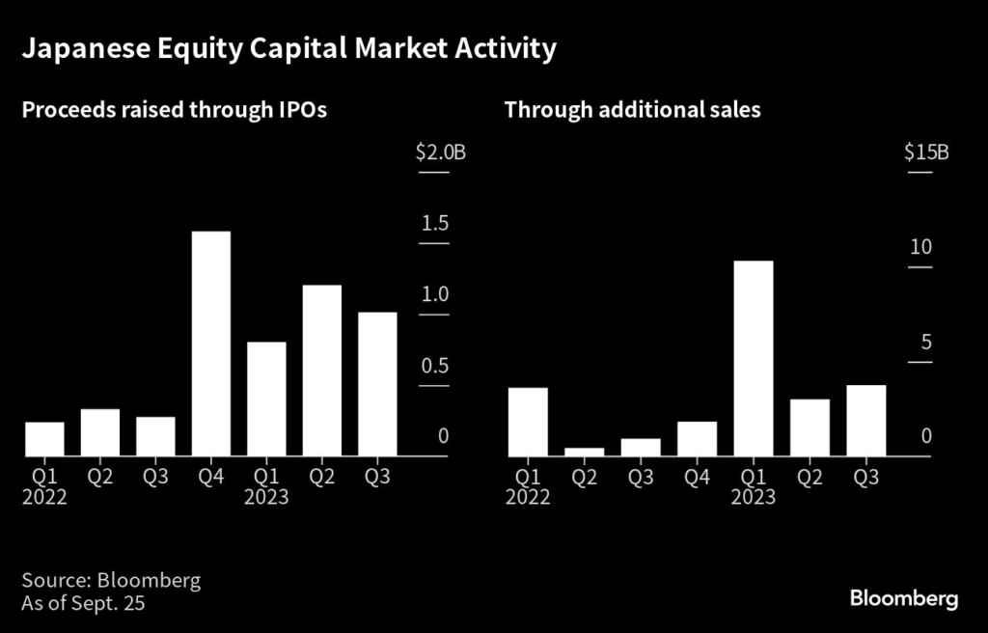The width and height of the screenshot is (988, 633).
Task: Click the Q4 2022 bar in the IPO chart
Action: pos(211,344)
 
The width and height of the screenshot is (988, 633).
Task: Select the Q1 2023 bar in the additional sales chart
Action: pos(753,358)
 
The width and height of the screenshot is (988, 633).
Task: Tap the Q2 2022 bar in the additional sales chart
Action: pos(585,452)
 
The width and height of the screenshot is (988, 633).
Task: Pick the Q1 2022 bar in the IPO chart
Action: pos(44,439)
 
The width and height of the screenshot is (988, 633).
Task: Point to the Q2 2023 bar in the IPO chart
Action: pos(322,371)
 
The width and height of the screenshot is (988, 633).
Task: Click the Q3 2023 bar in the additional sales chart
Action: pos(865,421)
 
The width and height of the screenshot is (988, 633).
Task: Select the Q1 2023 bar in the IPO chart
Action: pos(266,399)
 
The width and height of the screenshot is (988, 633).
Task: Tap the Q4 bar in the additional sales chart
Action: pos(697,439)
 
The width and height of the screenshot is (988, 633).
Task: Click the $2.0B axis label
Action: pos(440,152)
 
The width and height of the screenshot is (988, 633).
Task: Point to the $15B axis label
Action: pos(926,152)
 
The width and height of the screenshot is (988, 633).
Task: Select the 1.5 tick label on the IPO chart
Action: pos(436,224)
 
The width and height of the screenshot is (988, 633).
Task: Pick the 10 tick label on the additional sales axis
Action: pos(920,247)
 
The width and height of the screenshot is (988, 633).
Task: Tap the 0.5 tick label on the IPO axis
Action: pos(436,366)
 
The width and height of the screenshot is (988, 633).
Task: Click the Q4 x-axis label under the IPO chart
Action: pos(211,477)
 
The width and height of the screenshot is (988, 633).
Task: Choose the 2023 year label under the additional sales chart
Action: pos(753,497)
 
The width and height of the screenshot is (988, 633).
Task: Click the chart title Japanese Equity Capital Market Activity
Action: pos(288,48)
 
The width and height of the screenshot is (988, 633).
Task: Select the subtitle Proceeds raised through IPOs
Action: pos(174,110)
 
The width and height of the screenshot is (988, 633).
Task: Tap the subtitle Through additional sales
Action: pos(632,110)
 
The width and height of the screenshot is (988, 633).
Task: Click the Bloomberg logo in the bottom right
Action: pos(904,599)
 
